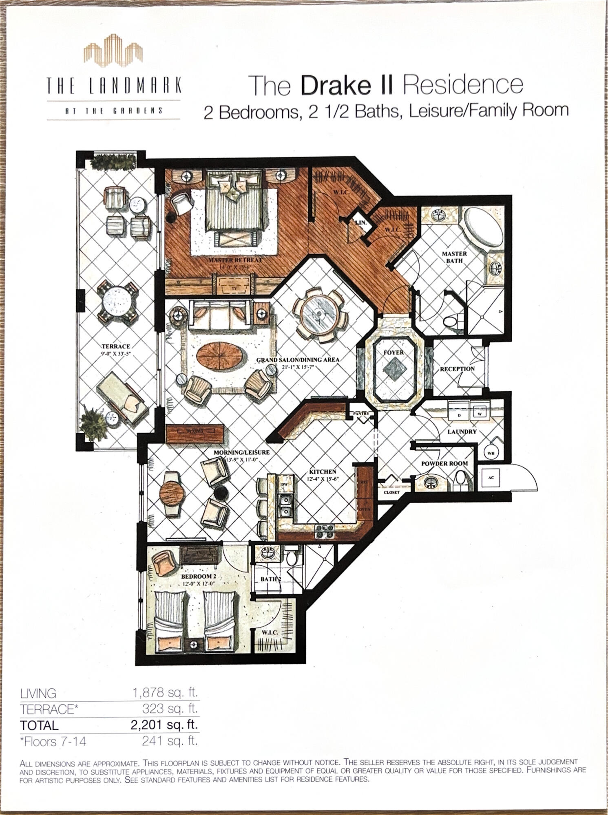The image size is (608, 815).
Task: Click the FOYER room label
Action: coord(394,352)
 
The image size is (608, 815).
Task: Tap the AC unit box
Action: coord(491,478)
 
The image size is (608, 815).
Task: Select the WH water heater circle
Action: coord(491,453)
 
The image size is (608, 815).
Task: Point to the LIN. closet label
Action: coord(360,223)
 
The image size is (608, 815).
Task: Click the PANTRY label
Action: coord(361,414)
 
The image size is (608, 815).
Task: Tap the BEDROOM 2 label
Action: coord(198,576)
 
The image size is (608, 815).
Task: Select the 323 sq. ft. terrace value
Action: coord(170,709)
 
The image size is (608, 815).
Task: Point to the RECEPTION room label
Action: coord(457,369)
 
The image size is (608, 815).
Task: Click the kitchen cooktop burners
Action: coord(324,529)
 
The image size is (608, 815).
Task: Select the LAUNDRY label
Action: coord(462,431)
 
